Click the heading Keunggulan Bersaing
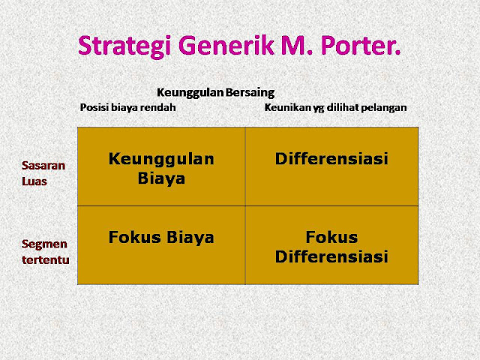click(x=215, y=92)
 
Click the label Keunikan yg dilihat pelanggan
click(x=335, y=107)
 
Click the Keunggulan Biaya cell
click(x=161, y=169)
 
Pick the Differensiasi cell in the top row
click(x=331, y=159)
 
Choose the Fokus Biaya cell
click(x=161, y=238)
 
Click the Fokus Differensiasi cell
click(x=331, y=247)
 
